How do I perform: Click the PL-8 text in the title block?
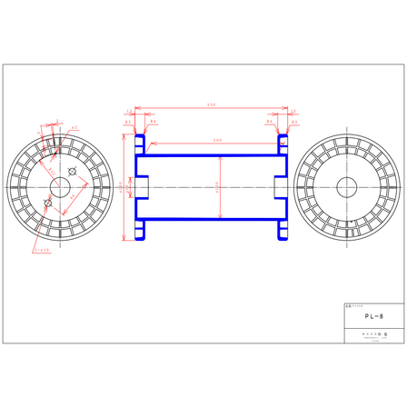pyautogui.click(x=373, y=317)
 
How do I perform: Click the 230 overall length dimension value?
pyautogui.click(x=211, y=105)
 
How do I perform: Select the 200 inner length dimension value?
pyautogui.click(x=217, y=140)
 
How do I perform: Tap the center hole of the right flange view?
pyautogui.click(x=347, y=188)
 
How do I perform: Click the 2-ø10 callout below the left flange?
pyautogui.click(x=40, y=252)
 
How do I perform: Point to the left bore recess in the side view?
pyautogui.click(x=141, y=188)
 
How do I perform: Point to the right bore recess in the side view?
pyautogui.click(x=280, y=188)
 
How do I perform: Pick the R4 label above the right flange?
pyautogui.click(x=269, y=121)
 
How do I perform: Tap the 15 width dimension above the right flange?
pyautogui.click(x=293, y=113)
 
